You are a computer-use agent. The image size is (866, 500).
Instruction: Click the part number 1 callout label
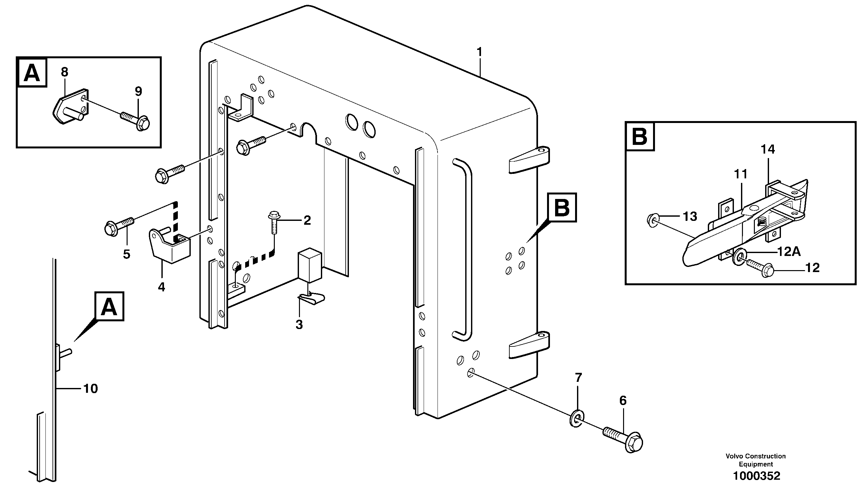point(479,52)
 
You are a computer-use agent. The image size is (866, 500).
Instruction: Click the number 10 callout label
point(91,389)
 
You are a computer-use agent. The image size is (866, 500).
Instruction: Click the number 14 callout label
point(768,149)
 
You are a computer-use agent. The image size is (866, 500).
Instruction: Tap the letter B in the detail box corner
point(640,137)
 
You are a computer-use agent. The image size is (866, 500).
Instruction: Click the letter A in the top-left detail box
point(32,72)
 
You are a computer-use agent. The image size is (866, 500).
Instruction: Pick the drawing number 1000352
point(756,476)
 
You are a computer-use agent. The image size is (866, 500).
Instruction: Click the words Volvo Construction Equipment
point(755,460)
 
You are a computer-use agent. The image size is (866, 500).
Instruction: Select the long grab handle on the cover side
point(463,249)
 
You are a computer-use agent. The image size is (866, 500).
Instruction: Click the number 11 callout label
point(741,175)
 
